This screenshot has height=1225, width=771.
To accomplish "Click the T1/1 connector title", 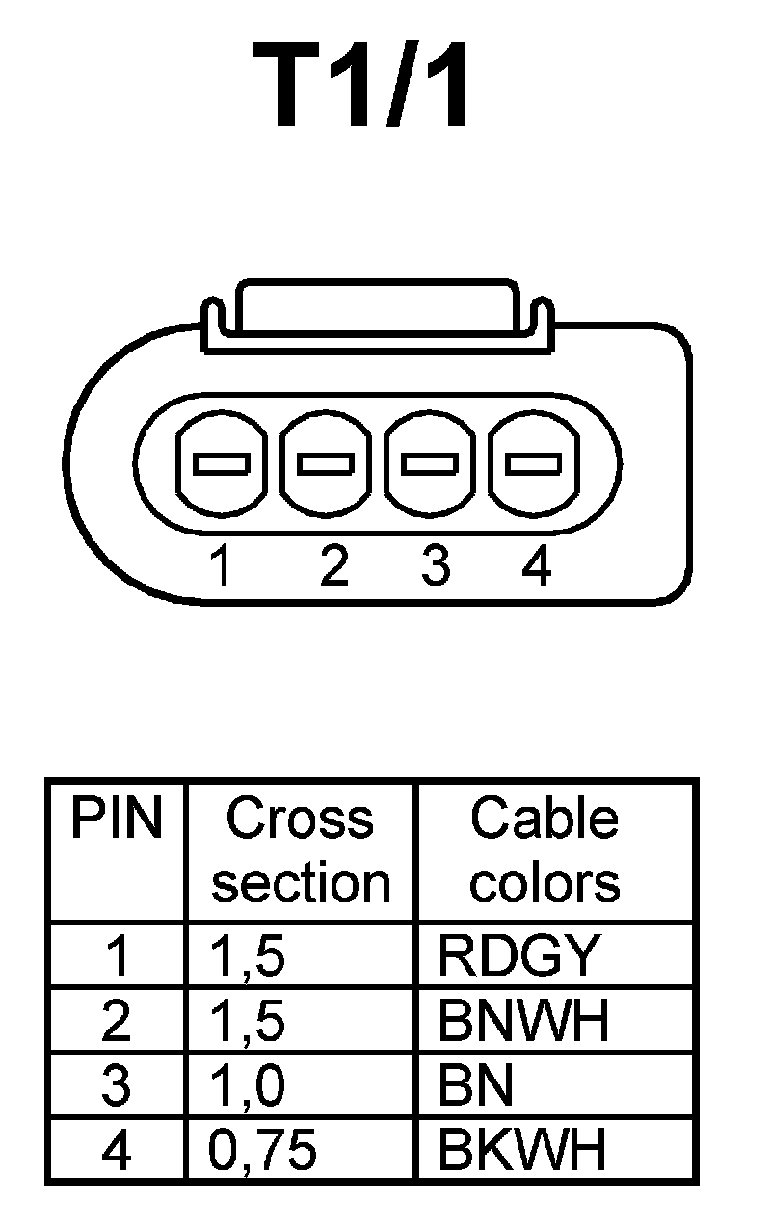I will [363, 88].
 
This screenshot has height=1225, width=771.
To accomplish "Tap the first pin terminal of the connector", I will [222, 464].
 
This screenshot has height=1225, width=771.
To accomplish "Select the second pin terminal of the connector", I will [327, 464].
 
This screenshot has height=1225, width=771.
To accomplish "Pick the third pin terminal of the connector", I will [430, 464].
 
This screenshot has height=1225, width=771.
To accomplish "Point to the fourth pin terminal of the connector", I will [534, 464].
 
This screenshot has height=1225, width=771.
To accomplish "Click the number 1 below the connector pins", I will [222, 565].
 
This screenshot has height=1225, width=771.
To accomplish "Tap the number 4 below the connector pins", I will [536, 565].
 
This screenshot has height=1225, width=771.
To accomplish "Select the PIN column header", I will [116, 820].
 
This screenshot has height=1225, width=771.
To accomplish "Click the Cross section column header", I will [301, 850].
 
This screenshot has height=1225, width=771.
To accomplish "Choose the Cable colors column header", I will [545, 850].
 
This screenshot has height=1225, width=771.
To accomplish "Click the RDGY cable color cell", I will [518, 955].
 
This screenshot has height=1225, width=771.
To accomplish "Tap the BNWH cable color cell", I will [523, 1021].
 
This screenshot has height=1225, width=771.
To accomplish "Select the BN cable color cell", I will [475, 1086].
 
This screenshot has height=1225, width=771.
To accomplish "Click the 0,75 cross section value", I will [262, 1151].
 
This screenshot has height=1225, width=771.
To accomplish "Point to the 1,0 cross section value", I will [248, 1086].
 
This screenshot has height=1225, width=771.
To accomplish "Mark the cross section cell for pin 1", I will [248, 956].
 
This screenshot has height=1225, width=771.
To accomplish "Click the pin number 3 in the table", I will [116, 1086].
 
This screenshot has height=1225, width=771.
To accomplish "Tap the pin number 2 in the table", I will [116, 1021].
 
